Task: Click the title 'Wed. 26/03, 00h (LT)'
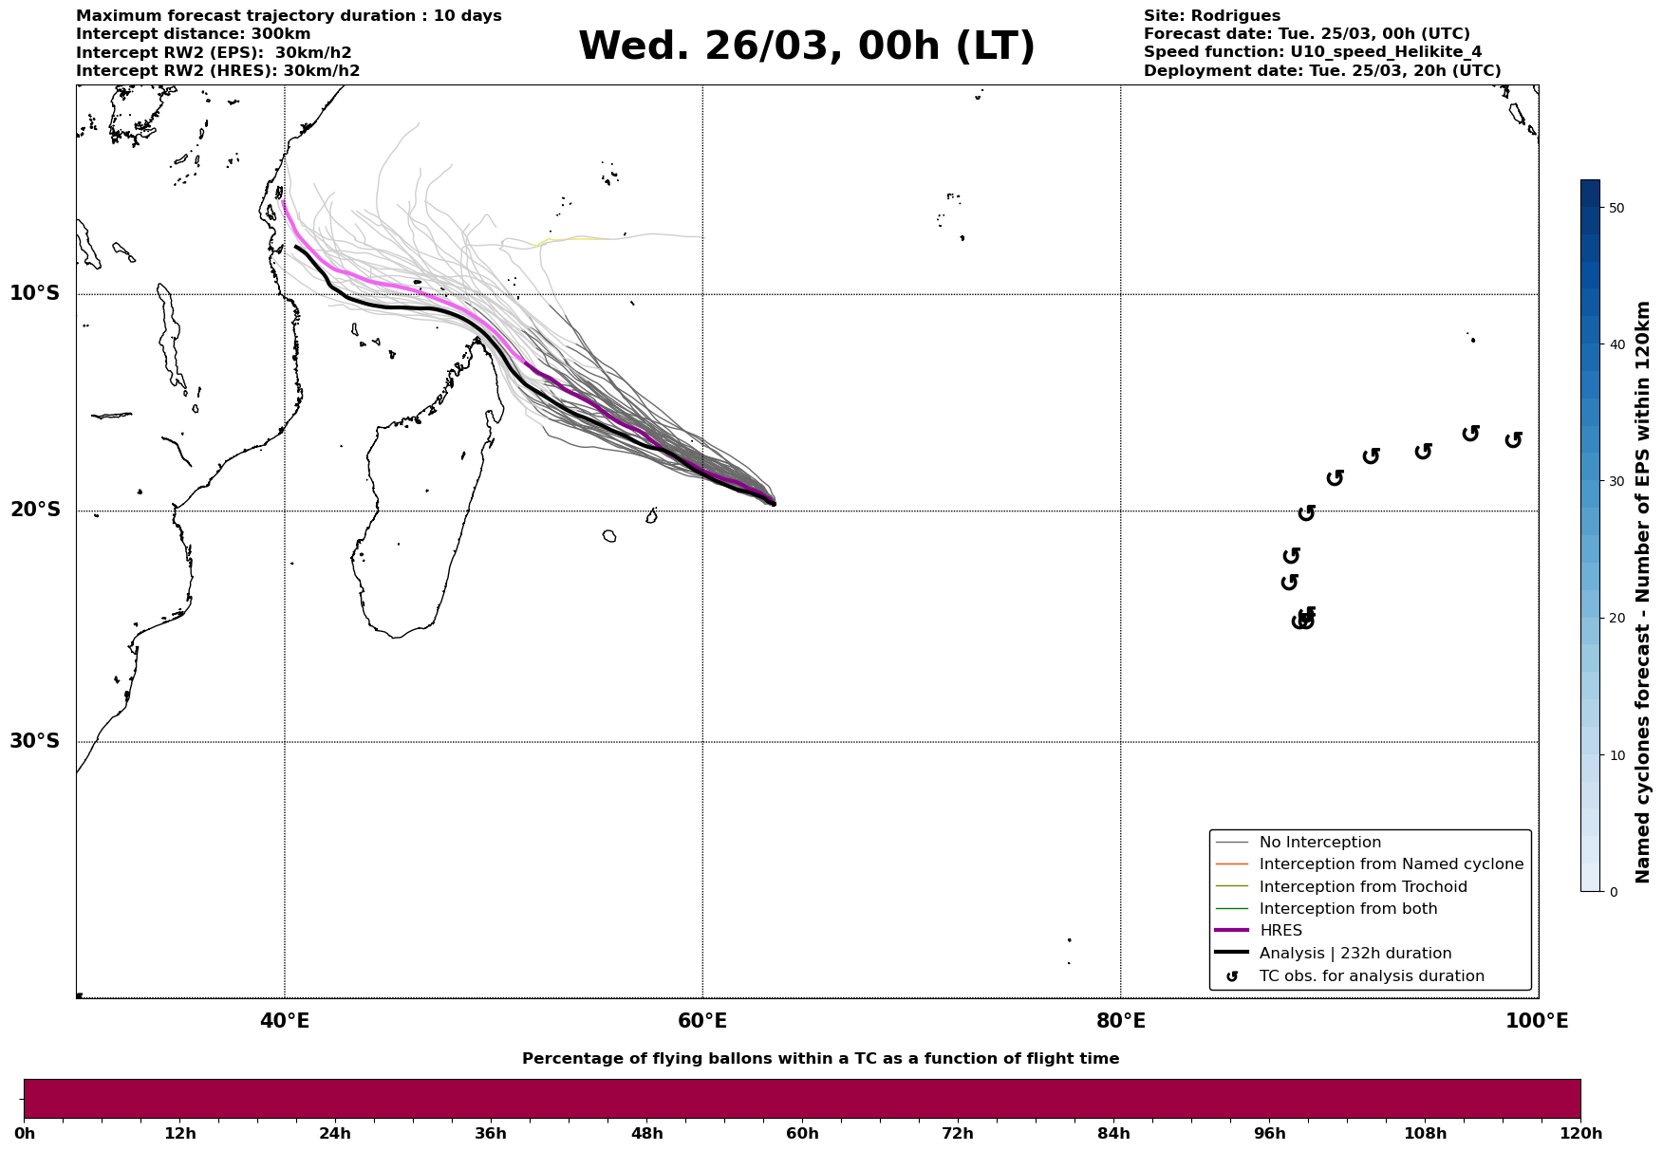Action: (x=806, y=46)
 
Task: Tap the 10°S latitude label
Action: (x=35, y=293)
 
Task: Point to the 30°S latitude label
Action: (x=35, y=741)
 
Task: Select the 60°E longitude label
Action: (x=702, y=1021)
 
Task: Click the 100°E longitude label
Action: (x=1537, y=1021)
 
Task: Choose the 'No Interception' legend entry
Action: (x=1319, y=843)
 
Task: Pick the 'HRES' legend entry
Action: (x=1280, y=931)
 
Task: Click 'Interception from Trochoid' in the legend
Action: (x=1362, y=887)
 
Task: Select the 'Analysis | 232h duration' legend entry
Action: (x=1355, y=954)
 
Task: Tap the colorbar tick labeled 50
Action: (x=1616, y=208)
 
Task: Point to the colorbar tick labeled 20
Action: (x=1616, y=619)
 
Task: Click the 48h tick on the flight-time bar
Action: (x=646, y=1133)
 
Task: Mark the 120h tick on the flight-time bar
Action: (x=1580, y=1133)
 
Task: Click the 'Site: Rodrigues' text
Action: (x=1211, y=16)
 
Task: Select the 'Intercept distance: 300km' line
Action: (x=193, y=34)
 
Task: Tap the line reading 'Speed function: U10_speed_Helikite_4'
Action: (x=1312, y=52)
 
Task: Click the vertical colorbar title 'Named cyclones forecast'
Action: (x=1643, y=592)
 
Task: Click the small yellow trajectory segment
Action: (x=570, y=241)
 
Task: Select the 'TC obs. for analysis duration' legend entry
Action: (x=1371, y=976)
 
